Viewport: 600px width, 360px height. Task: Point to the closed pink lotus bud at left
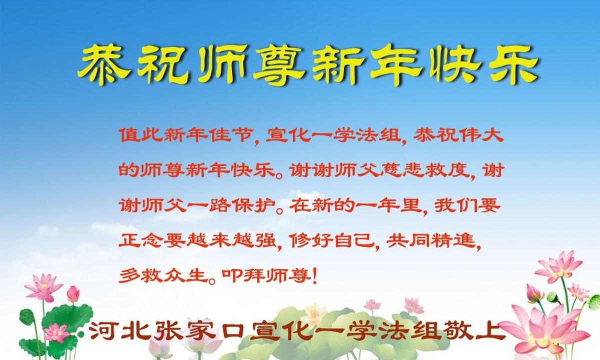[73, 294]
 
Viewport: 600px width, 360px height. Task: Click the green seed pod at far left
[27, 316]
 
